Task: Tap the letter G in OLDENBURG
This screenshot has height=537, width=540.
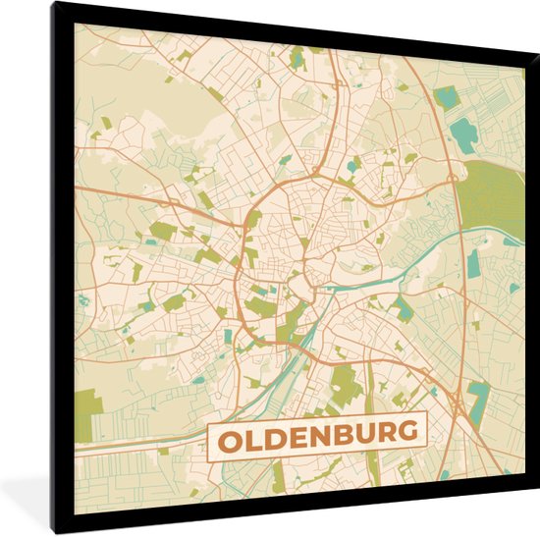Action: pos(408,429)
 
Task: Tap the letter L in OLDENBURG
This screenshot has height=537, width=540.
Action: pos(250,434)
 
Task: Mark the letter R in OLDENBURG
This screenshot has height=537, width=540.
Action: pos(384,430)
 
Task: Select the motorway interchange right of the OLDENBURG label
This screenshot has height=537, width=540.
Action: pos(459,401)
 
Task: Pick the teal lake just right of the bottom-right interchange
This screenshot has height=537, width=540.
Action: pos(480,398)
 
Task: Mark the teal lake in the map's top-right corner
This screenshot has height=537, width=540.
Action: pos(448,97)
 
